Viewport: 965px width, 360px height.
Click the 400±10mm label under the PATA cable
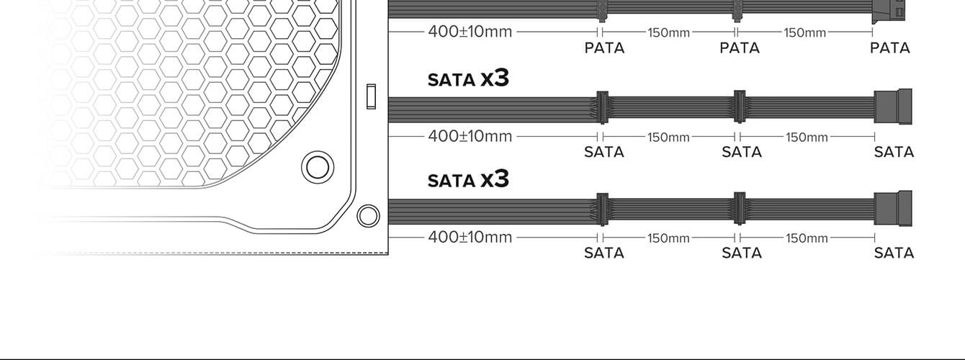[470, 32]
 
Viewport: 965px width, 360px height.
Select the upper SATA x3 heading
[468, 78]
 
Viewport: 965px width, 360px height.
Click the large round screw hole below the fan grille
[318, 166]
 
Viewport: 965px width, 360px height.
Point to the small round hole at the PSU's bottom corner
[368, 216]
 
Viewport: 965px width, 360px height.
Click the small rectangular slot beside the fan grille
[371, 96]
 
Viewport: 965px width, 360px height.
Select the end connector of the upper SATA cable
[893, 107]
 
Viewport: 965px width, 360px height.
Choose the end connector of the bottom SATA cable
[893, 208]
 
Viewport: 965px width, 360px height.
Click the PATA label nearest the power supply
[604, 48]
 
